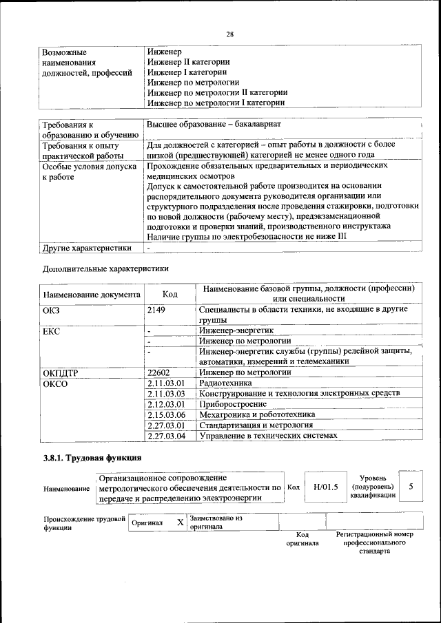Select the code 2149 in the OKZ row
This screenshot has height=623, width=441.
[157, 310]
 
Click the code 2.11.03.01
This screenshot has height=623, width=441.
[167, 383]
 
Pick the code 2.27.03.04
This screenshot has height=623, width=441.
[167, 436]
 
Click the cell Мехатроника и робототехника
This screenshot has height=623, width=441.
[256, 414]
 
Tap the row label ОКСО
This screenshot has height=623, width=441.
[55, 383]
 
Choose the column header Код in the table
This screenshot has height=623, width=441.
[170, 295]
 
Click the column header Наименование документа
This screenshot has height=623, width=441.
[92, 295]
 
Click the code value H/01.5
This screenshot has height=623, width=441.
[326, 487]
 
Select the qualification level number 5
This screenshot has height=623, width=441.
[411, 487]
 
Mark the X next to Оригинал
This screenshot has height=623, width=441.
[180, 522]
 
